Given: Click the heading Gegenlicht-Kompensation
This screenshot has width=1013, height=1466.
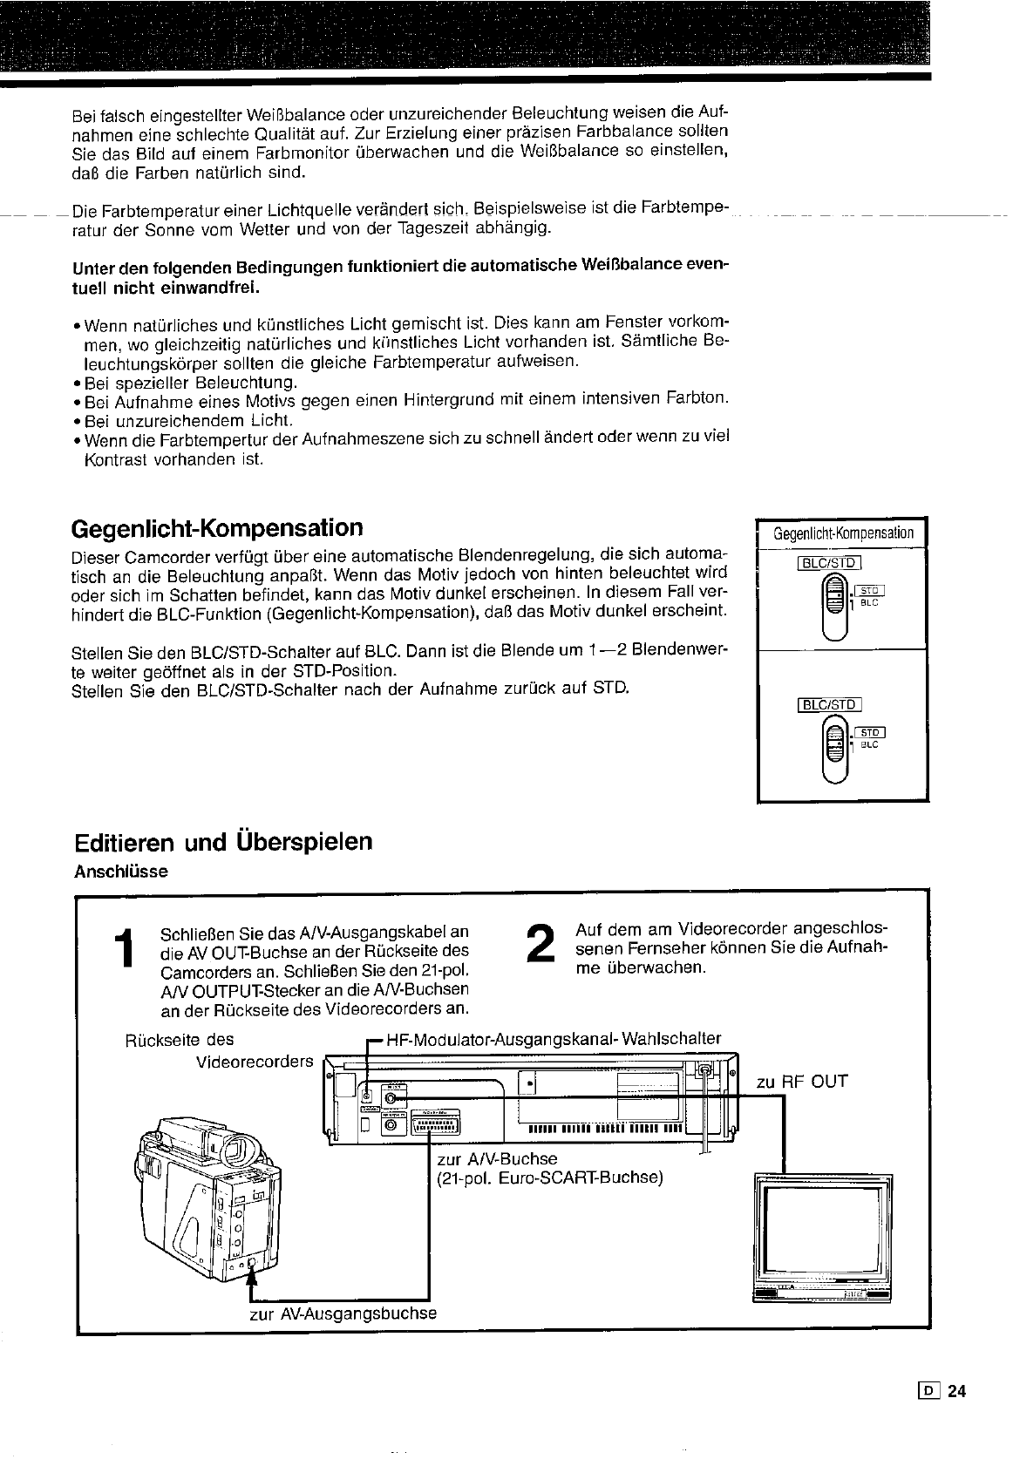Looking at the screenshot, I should tap(216, 528).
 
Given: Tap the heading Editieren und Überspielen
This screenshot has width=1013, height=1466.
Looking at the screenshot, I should tap(222, 842).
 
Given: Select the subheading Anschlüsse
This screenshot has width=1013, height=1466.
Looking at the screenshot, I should tap(120, 872).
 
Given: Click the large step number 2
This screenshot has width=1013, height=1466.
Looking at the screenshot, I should tap(541, 944).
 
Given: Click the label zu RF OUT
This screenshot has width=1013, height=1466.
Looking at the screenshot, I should tap(802, 1082).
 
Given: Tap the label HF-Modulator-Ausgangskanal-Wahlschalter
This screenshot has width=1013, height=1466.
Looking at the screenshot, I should tap(554, 1038).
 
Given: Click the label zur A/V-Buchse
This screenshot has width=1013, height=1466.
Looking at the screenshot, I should tap(497, 1158).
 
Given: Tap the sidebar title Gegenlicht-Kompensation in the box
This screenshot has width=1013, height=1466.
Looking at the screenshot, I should tap(844, 533).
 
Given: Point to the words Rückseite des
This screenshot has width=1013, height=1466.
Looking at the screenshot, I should tap(180, 1040).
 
